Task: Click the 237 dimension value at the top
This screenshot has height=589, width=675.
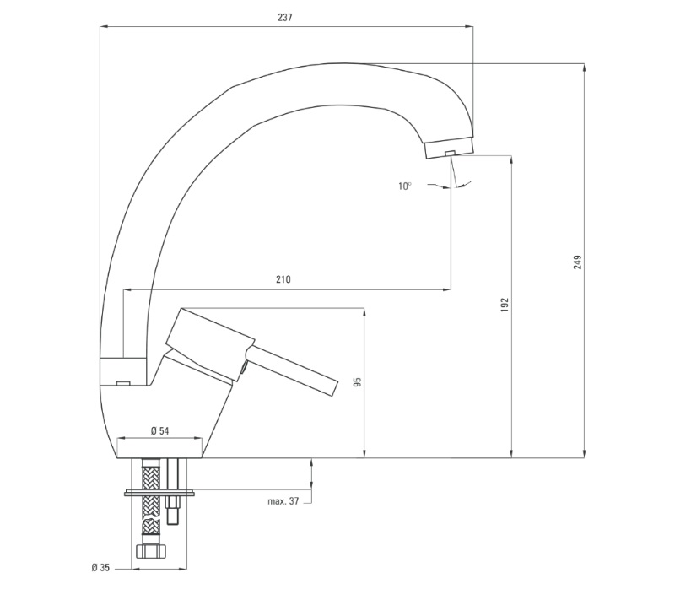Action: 284,17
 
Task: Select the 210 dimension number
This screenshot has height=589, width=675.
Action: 283,279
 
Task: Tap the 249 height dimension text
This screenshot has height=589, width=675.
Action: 578,262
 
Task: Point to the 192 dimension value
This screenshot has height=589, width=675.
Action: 505,305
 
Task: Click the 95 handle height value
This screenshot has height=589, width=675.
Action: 357,382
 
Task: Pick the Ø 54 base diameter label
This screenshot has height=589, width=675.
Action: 159,430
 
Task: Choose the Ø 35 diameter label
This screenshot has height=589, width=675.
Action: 100,568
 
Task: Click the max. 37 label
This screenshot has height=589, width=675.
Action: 283,501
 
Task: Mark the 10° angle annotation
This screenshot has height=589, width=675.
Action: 405,186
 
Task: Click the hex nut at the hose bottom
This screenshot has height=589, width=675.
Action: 150,551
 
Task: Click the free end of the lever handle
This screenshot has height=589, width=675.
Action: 334,387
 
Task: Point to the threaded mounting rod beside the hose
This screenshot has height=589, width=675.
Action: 173,491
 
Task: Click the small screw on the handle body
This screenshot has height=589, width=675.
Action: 244,368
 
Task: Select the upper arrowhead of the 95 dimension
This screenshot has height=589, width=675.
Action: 364,312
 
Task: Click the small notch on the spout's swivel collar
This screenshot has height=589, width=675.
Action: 123,382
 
